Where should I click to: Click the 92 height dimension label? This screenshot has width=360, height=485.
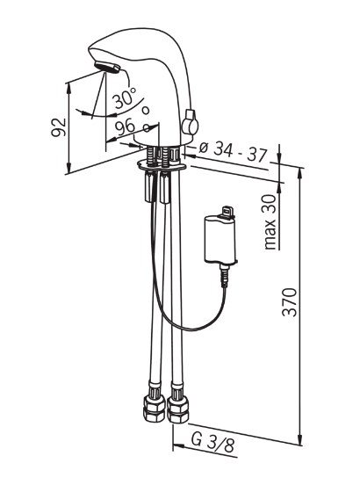(59, 127)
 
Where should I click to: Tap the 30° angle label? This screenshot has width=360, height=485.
(124, 98)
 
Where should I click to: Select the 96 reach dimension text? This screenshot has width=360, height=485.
(125, 127)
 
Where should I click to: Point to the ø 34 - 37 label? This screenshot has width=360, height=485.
(232, 151)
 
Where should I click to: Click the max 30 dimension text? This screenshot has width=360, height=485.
(270, 222)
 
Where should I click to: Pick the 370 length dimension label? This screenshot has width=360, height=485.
(290, 302)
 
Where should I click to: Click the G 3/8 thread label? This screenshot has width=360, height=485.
(212, 442)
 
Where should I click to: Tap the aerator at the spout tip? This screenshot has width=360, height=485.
(107, 67)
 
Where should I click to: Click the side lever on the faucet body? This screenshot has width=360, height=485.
(190, 122)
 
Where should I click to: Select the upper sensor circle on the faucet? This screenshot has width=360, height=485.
(146, 110)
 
